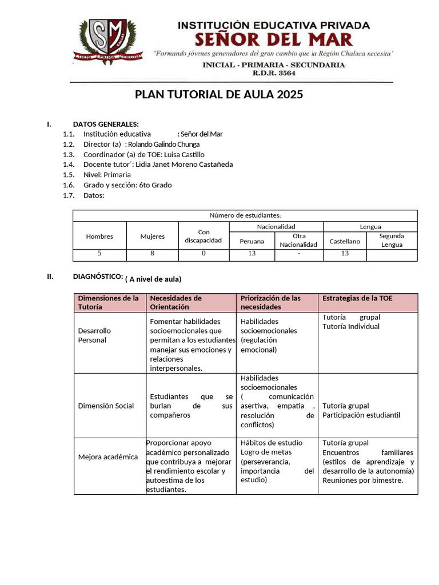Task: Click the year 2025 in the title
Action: coord(289,95)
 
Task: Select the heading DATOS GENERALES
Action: coord(106,125)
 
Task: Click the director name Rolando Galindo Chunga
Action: coord(164,145)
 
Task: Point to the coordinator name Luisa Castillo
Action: coord(185,155)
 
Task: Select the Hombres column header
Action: coord(99,237)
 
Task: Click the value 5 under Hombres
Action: coord(99,253)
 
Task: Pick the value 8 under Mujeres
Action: coord(153,253)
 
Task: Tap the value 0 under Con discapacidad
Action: coord(203,253)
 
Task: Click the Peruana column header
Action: coord(252,241)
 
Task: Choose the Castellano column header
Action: coord(345,241)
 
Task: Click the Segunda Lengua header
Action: coord(392,241)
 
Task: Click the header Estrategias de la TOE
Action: coord(357,298)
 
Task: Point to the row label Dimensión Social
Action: coord(106,406)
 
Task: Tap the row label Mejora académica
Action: coord(107,457)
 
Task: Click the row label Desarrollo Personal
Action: coord(94,335)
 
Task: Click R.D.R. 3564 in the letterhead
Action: coord(274,74)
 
